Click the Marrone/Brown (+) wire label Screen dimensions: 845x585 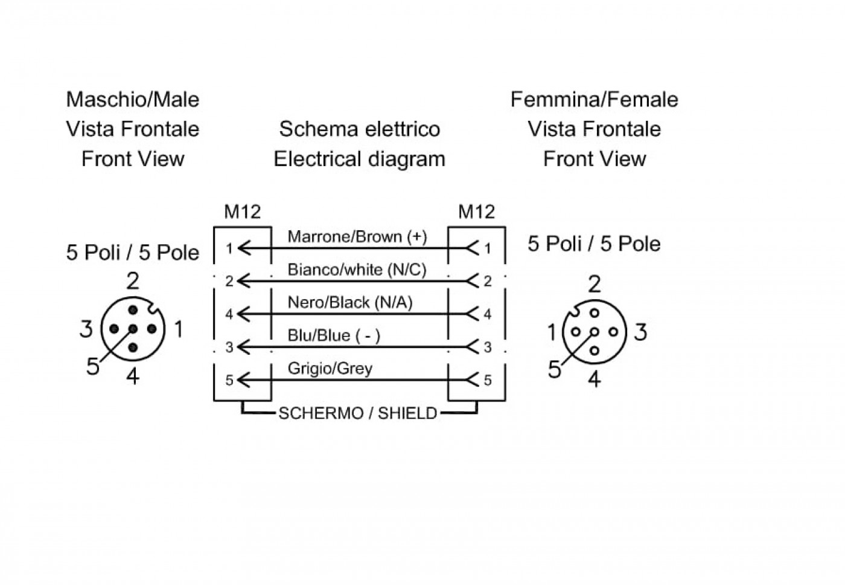[357, 237]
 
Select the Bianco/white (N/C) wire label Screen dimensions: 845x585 [357, 270]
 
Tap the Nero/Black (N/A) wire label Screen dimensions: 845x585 [350, 303]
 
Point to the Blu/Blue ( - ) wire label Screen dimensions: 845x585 [334, 335]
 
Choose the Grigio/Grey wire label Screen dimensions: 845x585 [330, 368]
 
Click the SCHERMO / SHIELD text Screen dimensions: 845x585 [357, 413]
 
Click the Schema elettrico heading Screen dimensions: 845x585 [360, 129]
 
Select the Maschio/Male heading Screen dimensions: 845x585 [133, 99]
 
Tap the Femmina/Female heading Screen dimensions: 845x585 [595, 99]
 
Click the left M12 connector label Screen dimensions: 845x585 [243, 212]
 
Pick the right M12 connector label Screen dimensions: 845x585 [476, 212]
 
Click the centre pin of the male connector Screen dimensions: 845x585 [133, 329]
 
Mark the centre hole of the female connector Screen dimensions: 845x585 [595, 332]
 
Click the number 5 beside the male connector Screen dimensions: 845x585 [93, 366]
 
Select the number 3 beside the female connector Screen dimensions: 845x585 [640, 332]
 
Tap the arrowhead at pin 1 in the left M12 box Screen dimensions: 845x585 [244, 248]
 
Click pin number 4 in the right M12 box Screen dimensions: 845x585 [488, 314]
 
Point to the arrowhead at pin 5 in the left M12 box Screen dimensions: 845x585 [244, 380]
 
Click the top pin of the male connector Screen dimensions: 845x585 [133, 310]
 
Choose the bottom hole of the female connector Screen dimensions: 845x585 [595, 351]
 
